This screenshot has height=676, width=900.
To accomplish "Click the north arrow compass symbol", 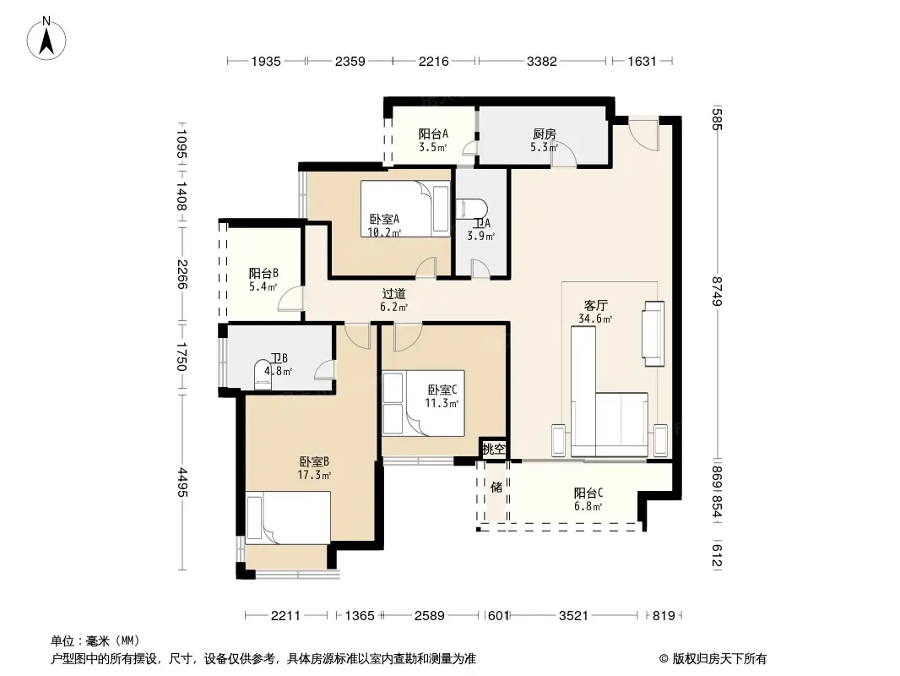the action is [46, 39].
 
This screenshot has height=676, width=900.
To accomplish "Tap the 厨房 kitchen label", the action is [544, 134].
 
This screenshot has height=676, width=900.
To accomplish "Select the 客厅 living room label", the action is [595, 305].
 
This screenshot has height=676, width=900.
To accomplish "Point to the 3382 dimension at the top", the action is [542, 61].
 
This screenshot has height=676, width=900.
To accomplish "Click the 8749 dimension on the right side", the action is [717, 291].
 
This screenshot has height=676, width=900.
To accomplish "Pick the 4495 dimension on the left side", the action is [182, 482].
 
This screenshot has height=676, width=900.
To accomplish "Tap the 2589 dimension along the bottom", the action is [430, 616].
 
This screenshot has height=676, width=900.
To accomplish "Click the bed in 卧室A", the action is [405, 209].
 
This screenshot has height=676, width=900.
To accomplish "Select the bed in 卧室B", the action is [288, 517].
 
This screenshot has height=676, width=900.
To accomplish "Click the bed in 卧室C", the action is [423, 403].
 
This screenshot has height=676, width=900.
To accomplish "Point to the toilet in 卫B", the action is [263, 375].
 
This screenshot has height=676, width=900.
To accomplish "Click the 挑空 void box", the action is [494, 449].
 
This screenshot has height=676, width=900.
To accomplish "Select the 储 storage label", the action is [496, 487].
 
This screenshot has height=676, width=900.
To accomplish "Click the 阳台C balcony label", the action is [588, 493].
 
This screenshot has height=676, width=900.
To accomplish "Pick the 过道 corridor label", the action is [393, 293].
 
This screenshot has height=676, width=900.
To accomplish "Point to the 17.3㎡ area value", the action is [314, 475].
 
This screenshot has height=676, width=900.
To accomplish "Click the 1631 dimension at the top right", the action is [642, 61].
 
